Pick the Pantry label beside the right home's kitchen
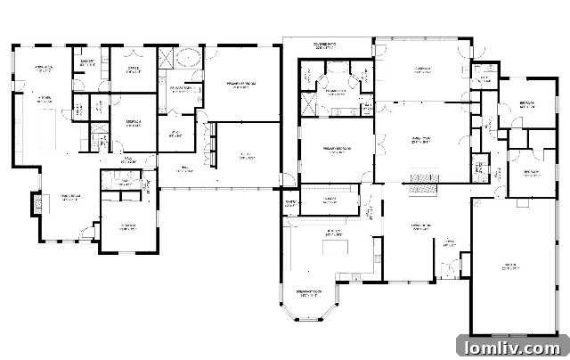pyautogui.click(x=290, y=203)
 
